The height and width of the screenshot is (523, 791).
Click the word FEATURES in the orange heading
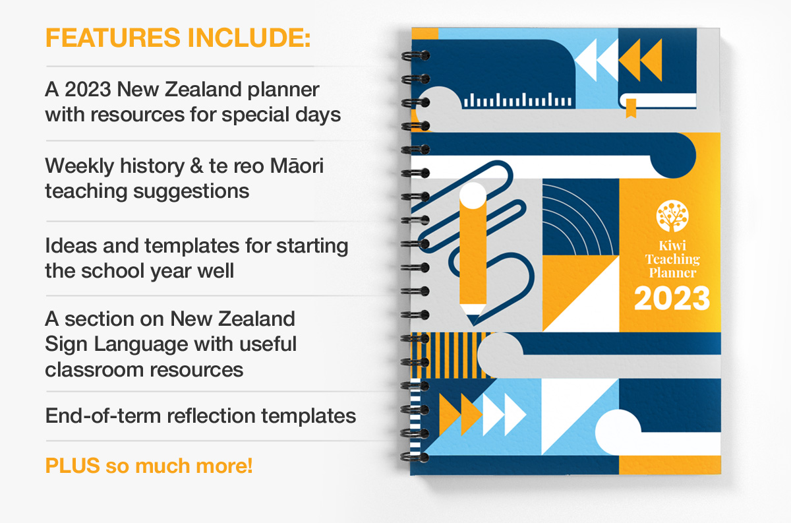coord(113,38)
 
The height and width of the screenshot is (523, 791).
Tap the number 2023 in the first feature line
coord(87,89)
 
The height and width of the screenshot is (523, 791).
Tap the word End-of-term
coord(103,415)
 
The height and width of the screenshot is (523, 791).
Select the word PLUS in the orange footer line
coord(73,466)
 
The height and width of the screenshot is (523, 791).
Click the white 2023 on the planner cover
coord(672,299)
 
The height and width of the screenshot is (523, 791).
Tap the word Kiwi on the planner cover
coord(672,245)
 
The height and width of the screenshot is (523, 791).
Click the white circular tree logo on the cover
coord(672,216)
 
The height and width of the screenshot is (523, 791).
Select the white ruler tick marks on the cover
coord(517,100)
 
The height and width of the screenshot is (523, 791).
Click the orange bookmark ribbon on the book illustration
coord(631,108)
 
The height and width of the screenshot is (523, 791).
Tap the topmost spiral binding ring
coord(416,55)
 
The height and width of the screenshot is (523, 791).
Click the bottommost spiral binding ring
coord(415,457)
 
